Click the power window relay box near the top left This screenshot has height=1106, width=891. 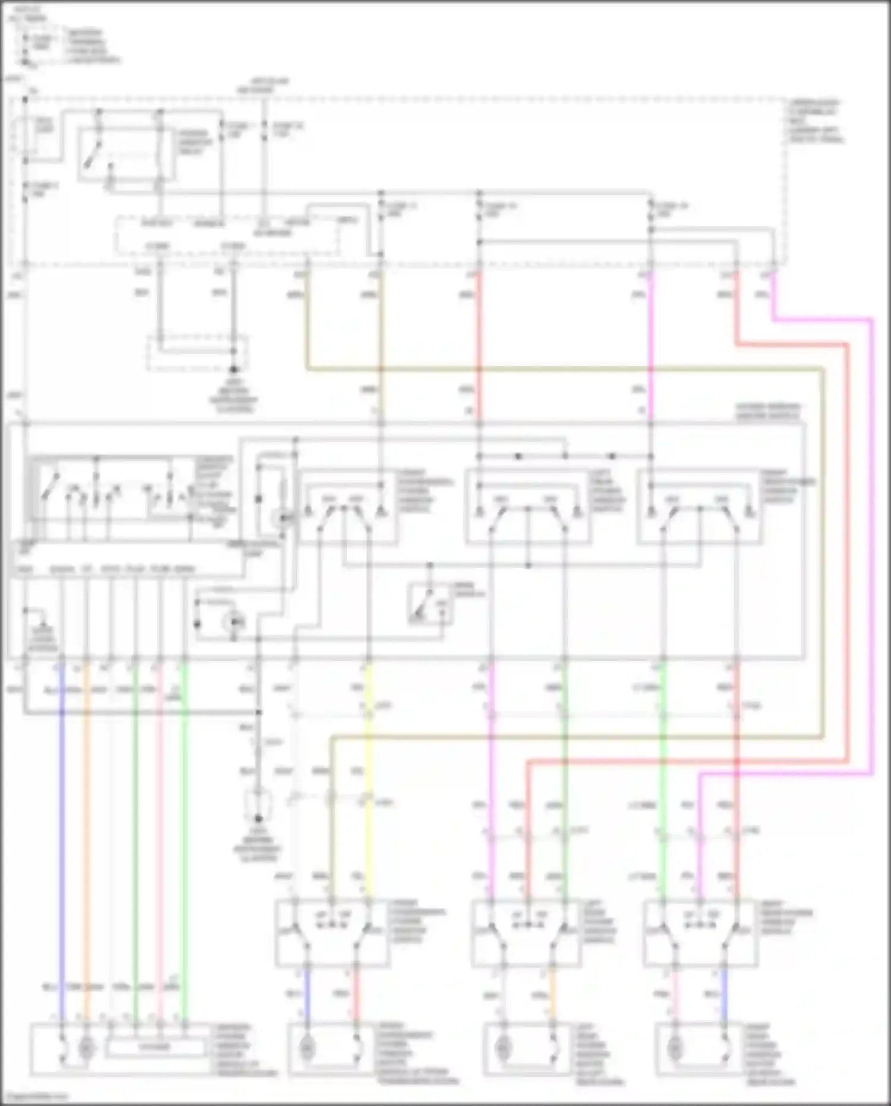[x=127, y=153]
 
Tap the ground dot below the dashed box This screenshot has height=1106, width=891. [x=233, y=369]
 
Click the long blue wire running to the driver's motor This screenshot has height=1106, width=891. [x=61, y=832]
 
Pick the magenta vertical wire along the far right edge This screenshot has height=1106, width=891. [x=872, y=535]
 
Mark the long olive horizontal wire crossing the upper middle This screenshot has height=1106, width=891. [x=564, y=369]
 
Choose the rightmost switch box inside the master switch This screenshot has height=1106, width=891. [x=699, y=507]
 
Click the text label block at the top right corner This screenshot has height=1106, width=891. [x=816, y=121]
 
